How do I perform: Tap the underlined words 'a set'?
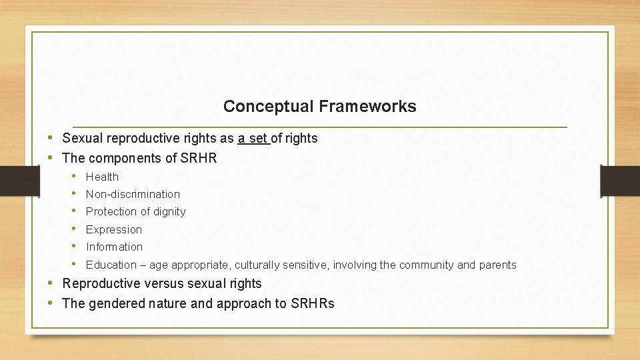tap(253, 139)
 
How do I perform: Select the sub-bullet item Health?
tap(102, 177)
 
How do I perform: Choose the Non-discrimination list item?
tap(133, 194)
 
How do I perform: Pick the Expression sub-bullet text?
tap(114, 229)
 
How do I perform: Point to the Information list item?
tap(114, 247)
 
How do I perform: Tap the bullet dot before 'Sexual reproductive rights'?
tap(51, 138)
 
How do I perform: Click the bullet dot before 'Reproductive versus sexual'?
tap(51, 283)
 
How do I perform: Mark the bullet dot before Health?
tap(75, 176)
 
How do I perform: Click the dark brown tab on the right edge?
tap(619, 180)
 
